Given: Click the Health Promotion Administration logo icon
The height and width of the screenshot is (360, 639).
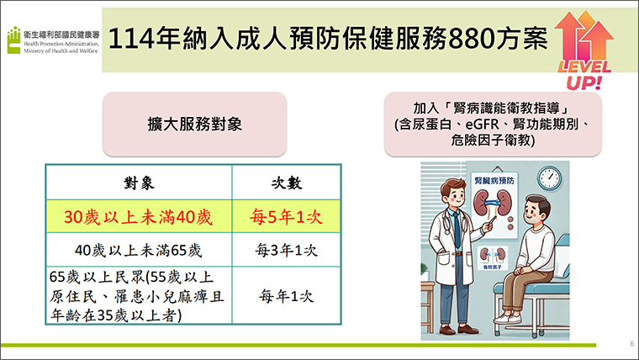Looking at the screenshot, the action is click(13, 40).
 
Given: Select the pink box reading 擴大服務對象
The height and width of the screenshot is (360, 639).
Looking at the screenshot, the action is click(195, 124).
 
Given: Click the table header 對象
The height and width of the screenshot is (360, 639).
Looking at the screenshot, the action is click(139, 183).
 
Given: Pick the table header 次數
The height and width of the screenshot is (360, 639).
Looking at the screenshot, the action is click(287, 183).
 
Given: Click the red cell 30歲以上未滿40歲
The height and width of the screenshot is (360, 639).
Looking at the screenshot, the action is click(138, 217).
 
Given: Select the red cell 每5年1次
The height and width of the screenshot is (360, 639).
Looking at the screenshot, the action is click(286, 217).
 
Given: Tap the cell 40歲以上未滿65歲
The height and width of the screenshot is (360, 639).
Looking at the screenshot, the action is click(138, 250).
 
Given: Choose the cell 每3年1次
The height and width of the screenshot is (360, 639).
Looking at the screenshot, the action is click(286, 250).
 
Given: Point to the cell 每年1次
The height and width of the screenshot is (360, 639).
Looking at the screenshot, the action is click(286, 296).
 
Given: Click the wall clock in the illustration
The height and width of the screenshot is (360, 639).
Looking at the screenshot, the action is click(549, 177).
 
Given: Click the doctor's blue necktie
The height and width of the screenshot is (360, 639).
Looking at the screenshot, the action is click(457, 230).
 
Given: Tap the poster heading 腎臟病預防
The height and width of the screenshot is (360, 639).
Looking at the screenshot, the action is click(494, 180).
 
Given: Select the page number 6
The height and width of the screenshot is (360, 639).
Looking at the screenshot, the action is click(632, 343).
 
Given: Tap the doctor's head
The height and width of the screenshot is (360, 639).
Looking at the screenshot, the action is click(452, 193).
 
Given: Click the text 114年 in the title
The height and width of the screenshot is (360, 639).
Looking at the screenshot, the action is click(144, 40).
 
